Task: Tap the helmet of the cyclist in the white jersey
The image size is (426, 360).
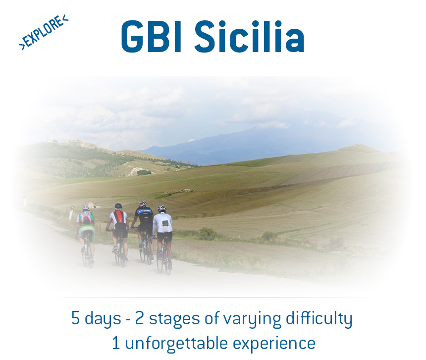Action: (x=161, y=209)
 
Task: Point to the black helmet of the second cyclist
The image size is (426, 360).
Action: (x=118, y=206)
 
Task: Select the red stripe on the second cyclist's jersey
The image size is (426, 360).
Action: (x=118, y=217)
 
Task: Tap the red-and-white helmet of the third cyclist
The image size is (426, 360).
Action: (x=143, y=204)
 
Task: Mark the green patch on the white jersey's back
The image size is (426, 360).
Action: (x=164, y=223)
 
